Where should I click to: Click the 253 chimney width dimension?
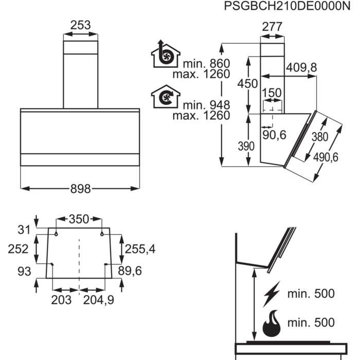click(x=80, y=25)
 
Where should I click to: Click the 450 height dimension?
click(x=247, y=83)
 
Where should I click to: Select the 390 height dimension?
click(x=246, y=146)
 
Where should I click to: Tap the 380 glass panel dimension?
click(x=319, y=137)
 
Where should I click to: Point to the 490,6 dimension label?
click(x=325, y=158)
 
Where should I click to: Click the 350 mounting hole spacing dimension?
click(x=79, y=219)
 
